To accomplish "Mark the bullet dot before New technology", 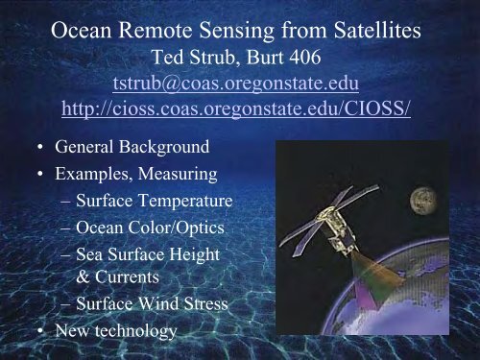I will click(36, 332).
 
